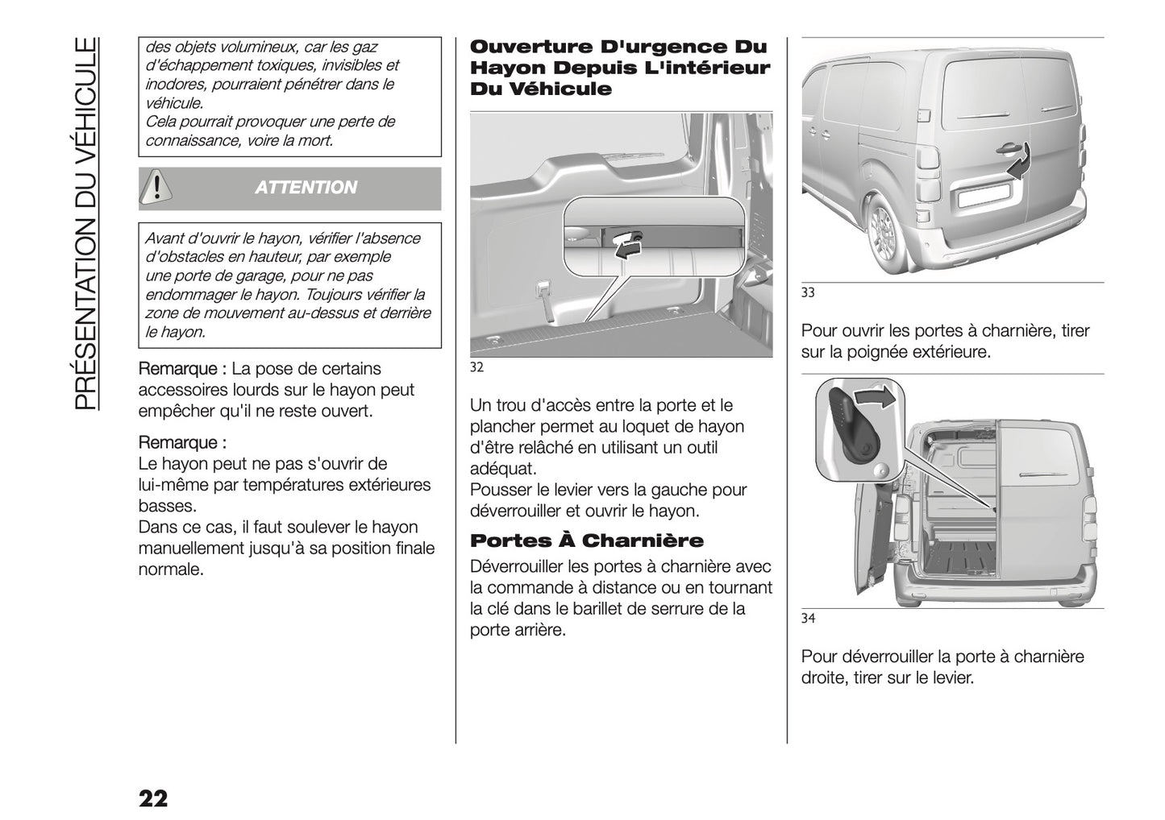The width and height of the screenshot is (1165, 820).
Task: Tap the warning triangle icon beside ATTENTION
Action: (x=153, y=187)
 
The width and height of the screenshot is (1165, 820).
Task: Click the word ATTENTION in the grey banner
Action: (x=306, y=188)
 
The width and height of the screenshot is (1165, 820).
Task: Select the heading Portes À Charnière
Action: (x=586, y=540)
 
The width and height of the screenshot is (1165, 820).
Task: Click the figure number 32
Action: (x=476, y=368)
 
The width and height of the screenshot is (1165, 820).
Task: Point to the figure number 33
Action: (x=808, y=293)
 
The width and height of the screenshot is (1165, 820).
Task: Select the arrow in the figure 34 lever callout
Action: (x=875, y=397)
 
